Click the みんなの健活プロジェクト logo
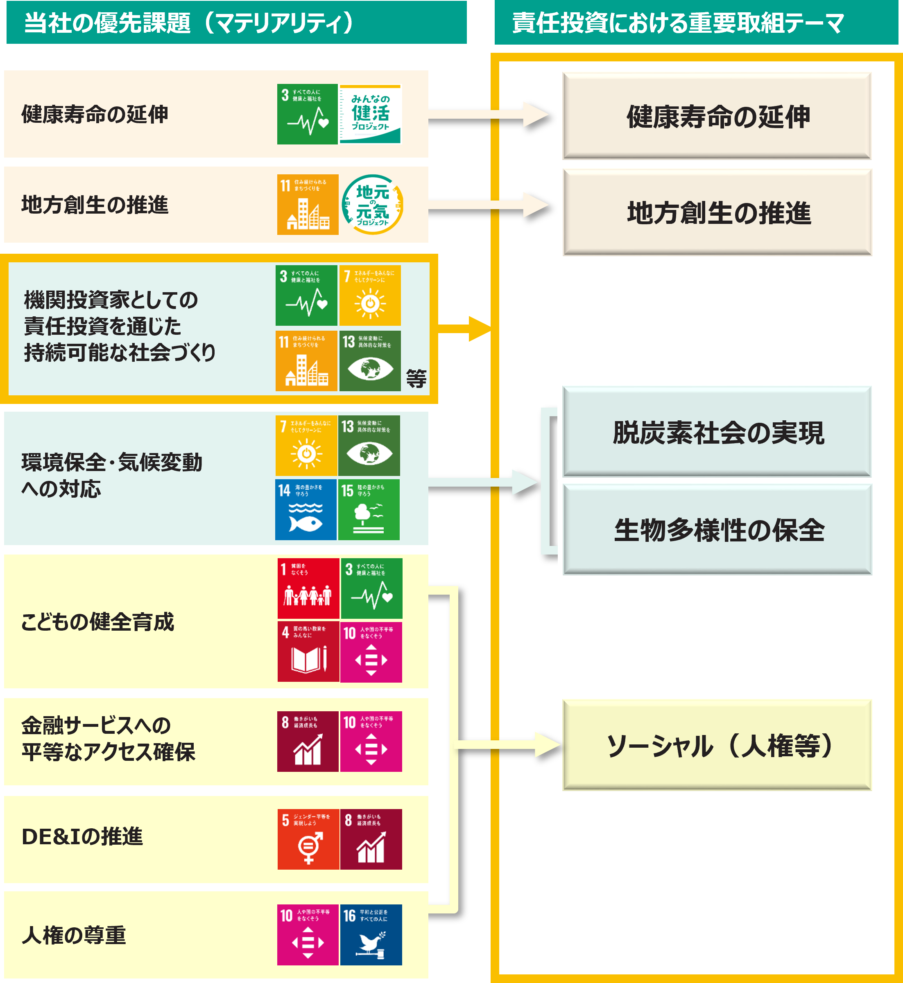(370, 114)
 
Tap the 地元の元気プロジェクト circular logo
(372, 205)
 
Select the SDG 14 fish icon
(306, 510)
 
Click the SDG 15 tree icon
(369, 510)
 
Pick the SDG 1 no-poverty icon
(308, 588)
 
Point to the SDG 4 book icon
(308, 652)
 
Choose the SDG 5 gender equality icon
(308, 839)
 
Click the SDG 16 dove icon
(371, 935)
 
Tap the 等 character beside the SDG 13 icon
(416, 379)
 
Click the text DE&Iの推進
(82, 836)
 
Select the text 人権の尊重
(74, 935)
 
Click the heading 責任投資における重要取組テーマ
(678, 23)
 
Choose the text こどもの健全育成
(97, 622)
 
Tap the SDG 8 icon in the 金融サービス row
(308, 741)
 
